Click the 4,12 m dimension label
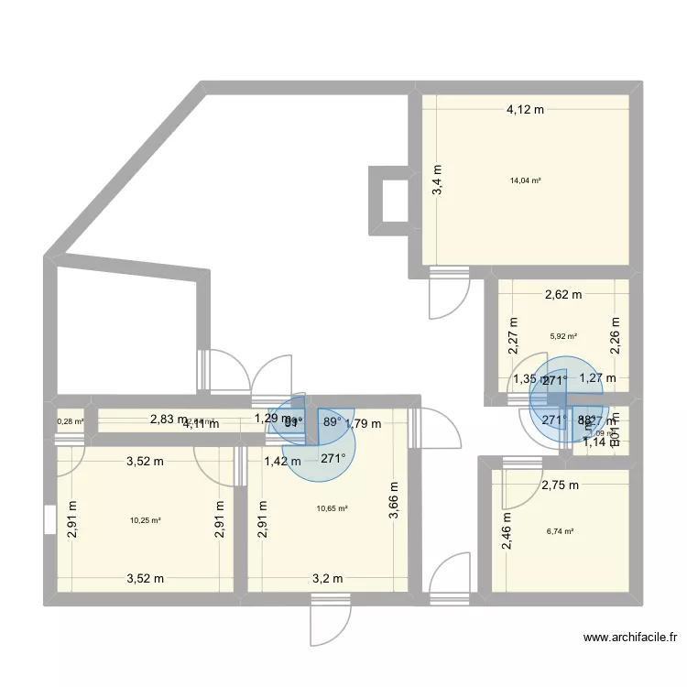coord(526,110)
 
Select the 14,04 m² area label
coord(526,180)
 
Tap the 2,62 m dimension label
coord(563,295)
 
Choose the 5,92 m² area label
coord(563,335)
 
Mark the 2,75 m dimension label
coord(561,486)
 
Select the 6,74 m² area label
coord(560,530)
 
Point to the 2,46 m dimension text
coord(506,530)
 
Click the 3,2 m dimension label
coord(327,578)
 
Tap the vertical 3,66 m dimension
coord(395,501)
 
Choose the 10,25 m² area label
coord(146,520)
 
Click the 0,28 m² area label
coord(70,422)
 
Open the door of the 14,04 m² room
coord(449,294)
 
